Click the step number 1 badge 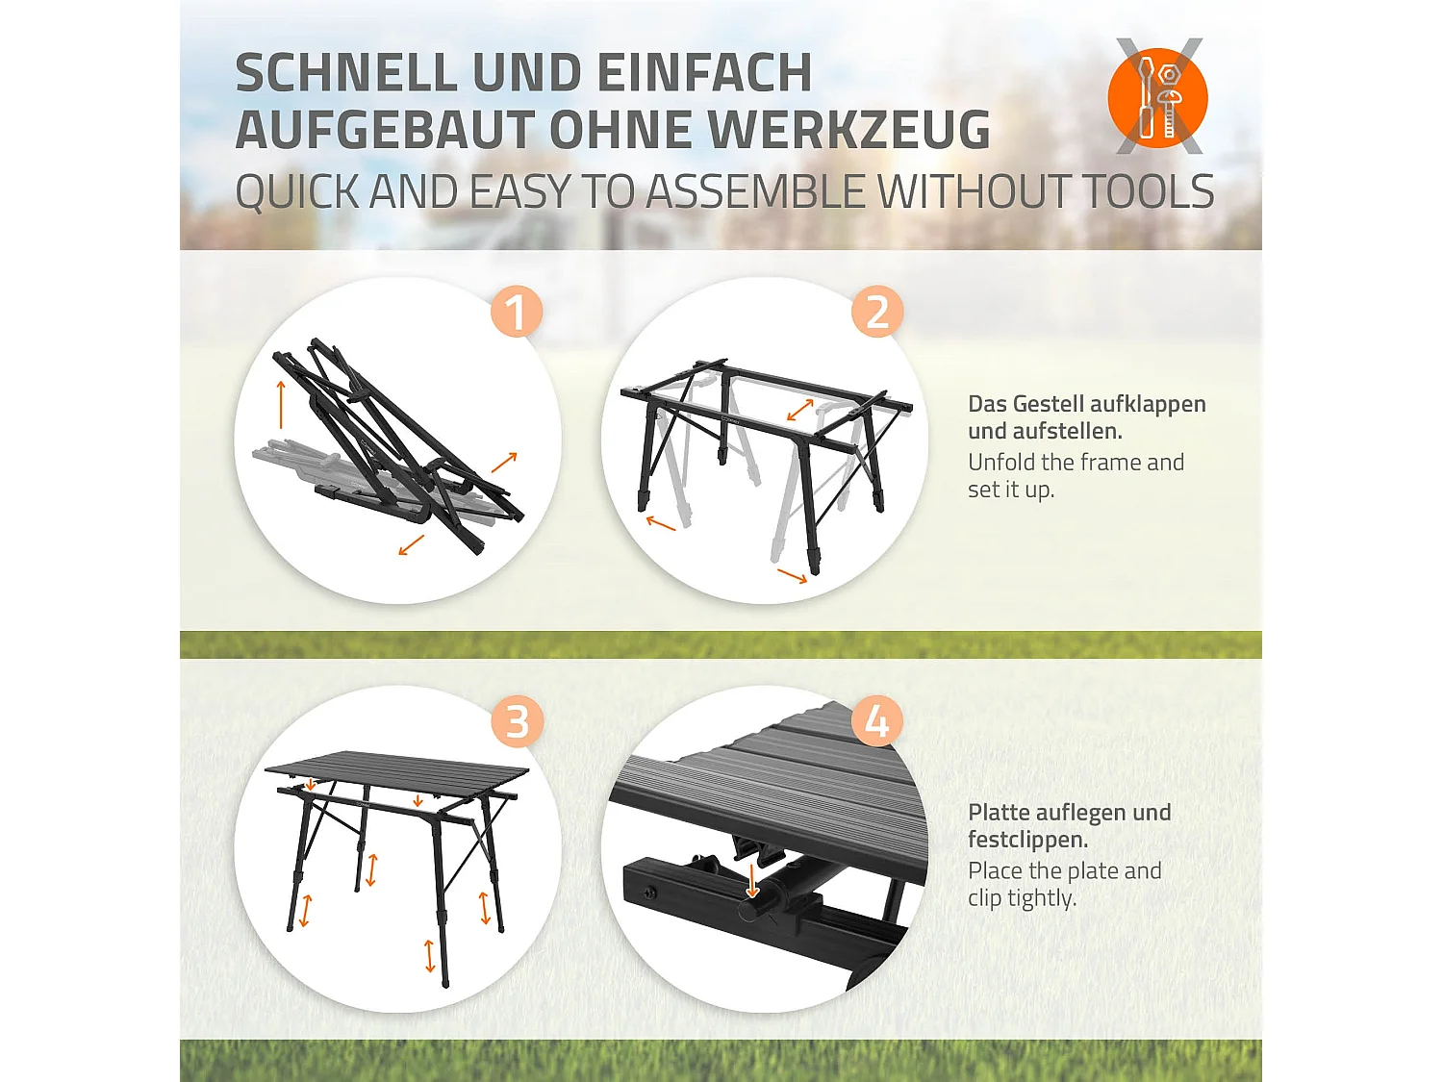pos(516,311)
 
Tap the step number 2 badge pos(876,311)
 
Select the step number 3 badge pos(517,720)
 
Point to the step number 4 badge pos(876,720)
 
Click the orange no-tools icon pos(1157,97)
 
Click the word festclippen pos(1027,840)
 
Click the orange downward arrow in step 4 pos(752,881)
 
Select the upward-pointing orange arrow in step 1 pos(281,405)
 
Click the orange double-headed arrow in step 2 pos(799,410)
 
